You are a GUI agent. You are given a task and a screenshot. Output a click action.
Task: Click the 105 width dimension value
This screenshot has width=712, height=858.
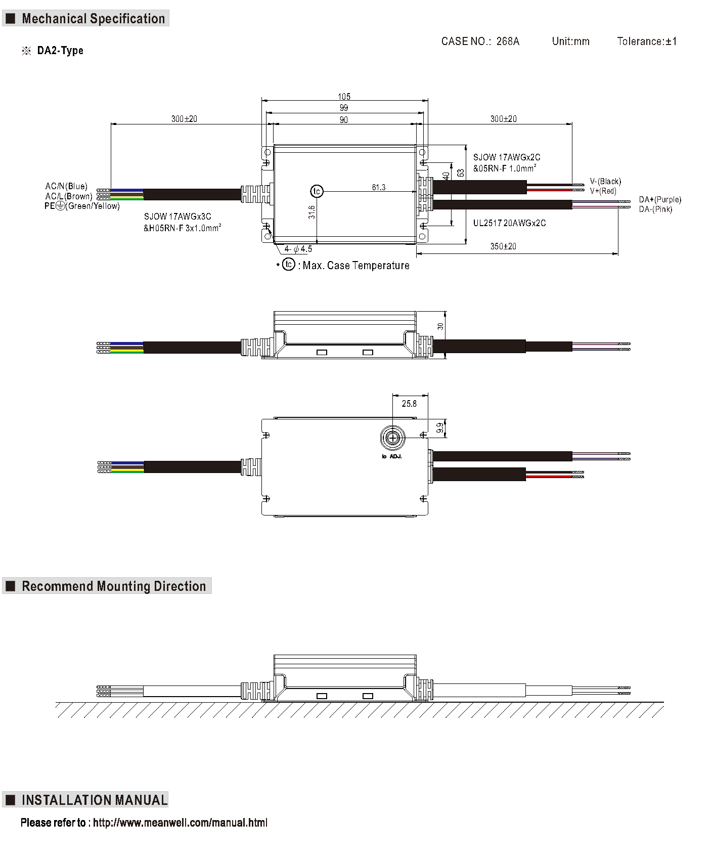tap(344, 96)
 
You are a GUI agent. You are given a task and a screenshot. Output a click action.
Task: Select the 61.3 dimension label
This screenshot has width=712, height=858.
tap(379, 187)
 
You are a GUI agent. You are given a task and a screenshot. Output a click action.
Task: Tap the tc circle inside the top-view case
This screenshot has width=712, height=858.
tap(317, 191)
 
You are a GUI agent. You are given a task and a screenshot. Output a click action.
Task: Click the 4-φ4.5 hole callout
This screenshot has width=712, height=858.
tap(298, 249)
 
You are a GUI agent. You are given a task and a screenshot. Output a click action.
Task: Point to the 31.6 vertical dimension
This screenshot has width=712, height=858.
tap(312, 212)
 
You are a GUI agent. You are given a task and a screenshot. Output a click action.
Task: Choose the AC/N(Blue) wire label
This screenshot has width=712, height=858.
tap(66, 186)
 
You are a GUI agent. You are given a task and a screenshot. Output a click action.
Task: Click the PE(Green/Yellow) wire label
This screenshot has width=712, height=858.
tap(82, 206)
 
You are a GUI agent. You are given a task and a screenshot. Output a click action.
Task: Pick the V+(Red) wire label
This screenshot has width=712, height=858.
tap(603, 191)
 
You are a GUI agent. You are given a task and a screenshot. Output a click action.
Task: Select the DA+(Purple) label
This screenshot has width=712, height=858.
tap(660, 199)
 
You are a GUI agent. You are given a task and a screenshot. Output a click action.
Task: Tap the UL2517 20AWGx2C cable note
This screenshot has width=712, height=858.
tap(509, 223)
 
